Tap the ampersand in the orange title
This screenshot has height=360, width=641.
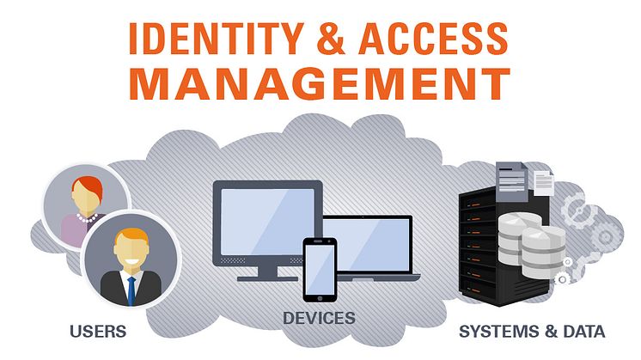331,39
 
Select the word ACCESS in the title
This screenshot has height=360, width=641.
433,39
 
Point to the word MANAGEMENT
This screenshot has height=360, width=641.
320,83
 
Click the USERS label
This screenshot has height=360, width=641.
98,332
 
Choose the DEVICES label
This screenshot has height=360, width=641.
320,318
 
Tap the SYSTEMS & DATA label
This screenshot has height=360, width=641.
532,332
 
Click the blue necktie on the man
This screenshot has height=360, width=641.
131,290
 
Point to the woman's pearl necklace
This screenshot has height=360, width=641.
87,218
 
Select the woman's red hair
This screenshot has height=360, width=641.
88,186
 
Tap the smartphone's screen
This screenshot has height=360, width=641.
320,268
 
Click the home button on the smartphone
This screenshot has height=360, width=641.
320,298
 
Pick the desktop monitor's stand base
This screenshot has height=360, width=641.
268,278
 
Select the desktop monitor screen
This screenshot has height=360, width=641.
268,222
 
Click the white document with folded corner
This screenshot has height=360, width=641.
544,182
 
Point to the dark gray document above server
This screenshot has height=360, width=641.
511,181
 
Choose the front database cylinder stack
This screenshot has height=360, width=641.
543,252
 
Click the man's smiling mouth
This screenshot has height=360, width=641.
131,260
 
